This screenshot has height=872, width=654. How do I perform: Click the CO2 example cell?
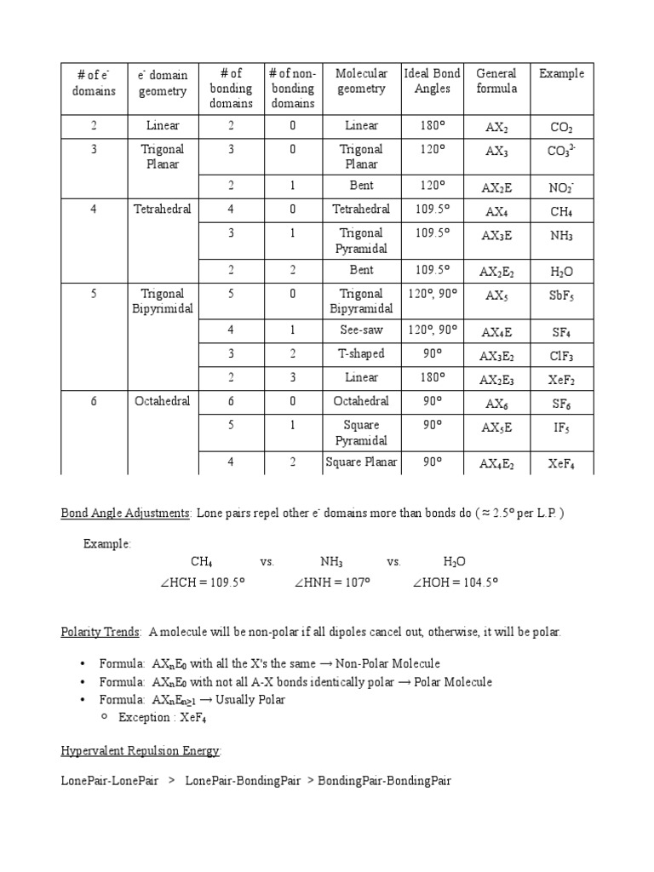pyautogui.click(x=561, y=127)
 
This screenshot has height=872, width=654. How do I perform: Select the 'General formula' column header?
pyautogui.click(x=496, y=81)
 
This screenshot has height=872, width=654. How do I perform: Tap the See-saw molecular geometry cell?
pyautogui.click(x=361, y=330)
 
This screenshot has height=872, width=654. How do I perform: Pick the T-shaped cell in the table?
pyautogui.click(x=361, y=353)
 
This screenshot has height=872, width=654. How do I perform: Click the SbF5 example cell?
pyautogui.click(x=561, y=295)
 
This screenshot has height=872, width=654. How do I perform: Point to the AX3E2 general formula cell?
pyautogui.click(x=496, y=356)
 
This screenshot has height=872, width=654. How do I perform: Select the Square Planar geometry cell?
pyautogui.click(x=361, y=462)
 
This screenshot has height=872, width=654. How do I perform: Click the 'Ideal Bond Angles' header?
pyautogui.click(x=433, y=81)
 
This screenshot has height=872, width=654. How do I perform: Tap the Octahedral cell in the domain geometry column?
pyautogui.click(x=163, y=401)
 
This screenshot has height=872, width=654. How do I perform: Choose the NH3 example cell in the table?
pyautogui.click(x=561, y=236)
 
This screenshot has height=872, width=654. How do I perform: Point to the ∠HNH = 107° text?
pyautogui.click(x=331, y=582)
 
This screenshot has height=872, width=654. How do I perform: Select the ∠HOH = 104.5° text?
pyautogui.click(x=455, y=582)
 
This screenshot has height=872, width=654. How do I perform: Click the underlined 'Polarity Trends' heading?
pyautogui.click(x=101, y=632)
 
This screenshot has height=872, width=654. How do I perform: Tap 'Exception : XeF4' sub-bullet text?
pyautogui.click(x=163, y=718)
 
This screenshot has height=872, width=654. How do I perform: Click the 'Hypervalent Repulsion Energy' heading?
pyautogui.click(x=141, y=750)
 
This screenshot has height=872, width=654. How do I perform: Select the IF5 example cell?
pyautogui.click(x=561, y=427)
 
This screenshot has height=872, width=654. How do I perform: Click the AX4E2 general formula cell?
pyautogui.click(x=496, y=464)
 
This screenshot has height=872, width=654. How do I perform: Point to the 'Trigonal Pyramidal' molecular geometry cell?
pyautogui.click(x=361, y=241)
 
